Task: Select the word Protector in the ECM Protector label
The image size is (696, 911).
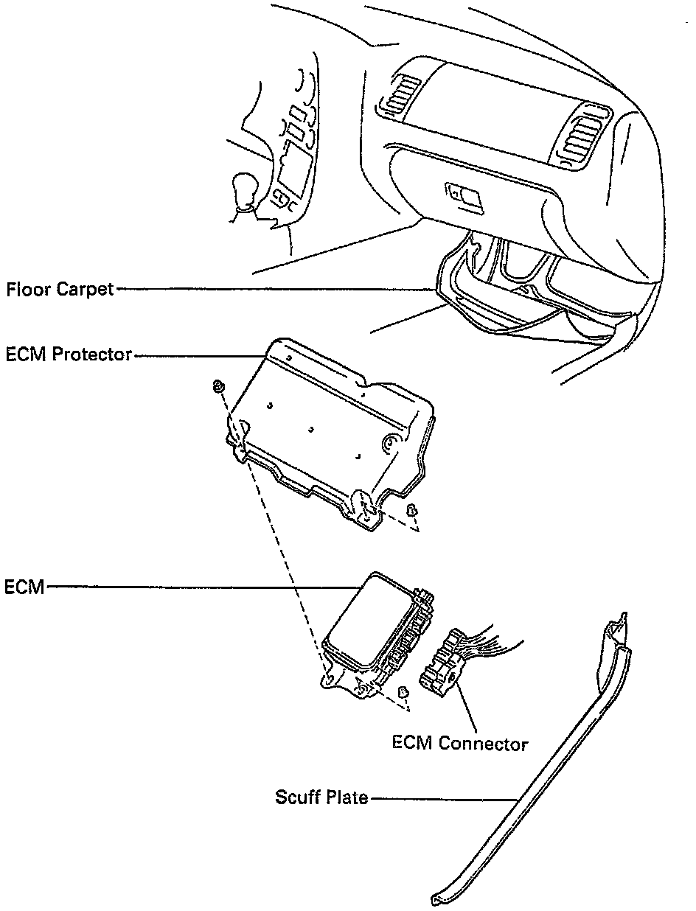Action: [x=94, y=355]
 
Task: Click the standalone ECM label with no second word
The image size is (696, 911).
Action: [x=24, y=587]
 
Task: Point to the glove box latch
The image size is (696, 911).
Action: [x=464, y=195]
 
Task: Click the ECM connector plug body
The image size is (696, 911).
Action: [x=442, y=661]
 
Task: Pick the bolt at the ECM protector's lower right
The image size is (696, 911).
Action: [x=413, y=509]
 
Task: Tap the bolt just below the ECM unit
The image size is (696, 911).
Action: [x=403, y=692]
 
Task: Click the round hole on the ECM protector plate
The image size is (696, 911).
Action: [x=389, y=442]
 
